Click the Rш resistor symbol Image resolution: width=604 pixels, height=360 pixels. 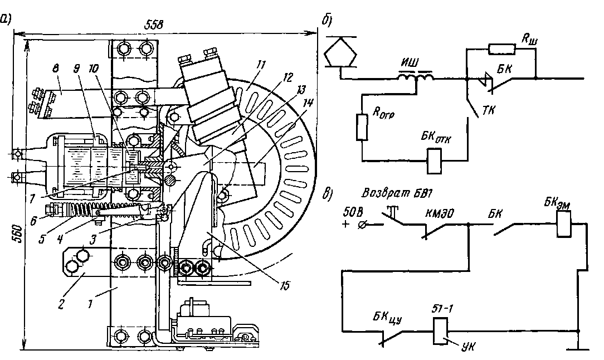point(501,50)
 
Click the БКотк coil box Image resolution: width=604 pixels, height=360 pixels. point(433,160)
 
